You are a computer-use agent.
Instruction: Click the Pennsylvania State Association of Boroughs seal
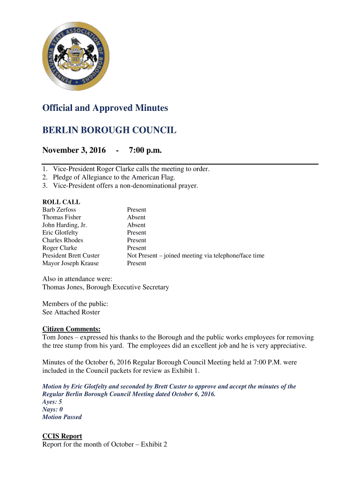click(x=76, y=56)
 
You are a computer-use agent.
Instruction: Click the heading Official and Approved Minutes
click(x=105, y=108)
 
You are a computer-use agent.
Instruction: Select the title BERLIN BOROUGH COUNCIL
click(x=109, y=131)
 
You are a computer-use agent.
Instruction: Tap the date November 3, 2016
click(x=74, y=150)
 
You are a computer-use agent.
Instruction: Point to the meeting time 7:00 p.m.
click(x=145, y=150)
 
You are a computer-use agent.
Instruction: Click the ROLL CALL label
click(x=61, y=202)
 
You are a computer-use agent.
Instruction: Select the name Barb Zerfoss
click(x=59, y=210)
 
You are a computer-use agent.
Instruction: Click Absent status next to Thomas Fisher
click(x=136, y=217)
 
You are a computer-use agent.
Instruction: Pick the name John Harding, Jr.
click(x=65, y=225)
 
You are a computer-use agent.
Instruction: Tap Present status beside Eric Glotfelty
click(x=137, y=232)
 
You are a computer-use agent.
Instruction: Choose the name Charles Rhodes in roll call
click(x=63, y=240)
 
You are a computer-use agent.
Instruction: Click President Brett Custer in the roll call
click(x=71, y=256)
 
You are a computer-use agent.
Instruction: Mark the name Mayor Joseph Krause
click(x=71, y=263)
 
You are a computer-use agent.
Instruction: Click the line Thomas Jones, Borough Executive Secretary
click(x=106, y=287)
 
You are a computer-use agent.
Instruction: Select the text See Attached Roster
click(x=71, y=312)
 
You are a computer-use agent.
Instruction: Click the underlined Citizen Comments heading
click(x=72, y=329)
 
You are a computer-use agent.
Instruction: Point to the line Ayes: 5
click(x=52, y=402)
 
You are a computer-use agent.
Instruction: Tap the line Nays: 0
click(x=52, y=409)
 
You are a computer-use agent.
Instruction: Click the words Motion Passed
click(x=62, y=417)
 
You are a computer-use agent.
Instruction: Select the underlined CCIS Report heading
click(x=62, y=436)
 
